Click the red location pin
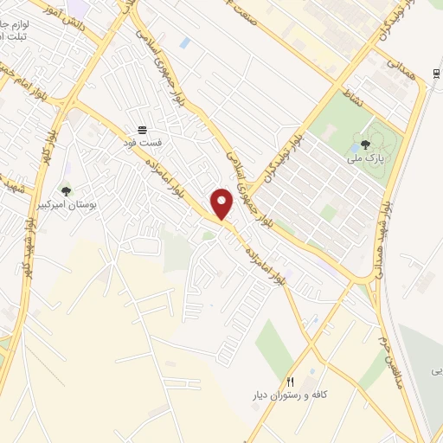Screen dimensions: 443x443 pyautogui.click(x=222, y=202)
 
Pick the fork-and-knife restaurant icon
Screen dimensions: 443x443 pyautogui.click(x=291, y=381)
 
